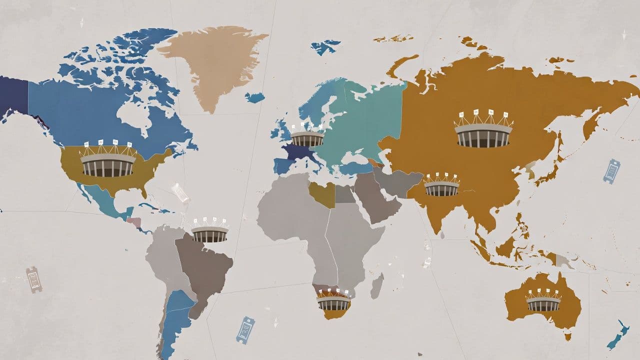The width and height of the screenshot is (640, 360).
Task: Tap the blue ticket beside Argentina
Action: coord(245,330)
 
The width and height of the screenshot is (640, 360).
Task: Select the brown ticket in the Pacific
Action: coord(34,279)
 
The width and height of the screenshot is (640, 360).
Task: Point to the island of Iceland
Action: coord(254,97)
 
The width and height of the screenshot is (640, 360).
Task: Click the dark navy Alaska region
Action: coord(13,95)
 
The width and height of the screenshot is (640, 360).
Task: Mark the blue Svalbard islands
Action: coord(325,46)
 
